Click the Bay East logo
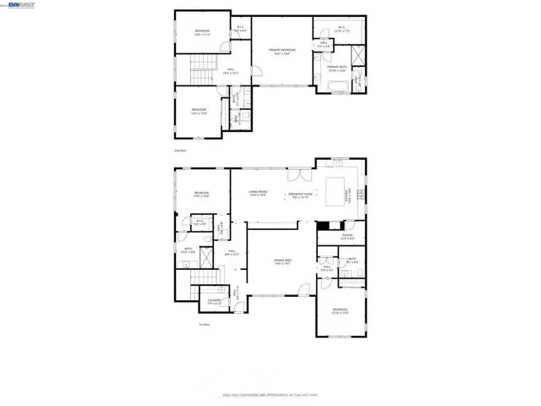pos(15,5)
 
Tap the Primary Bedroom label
pos(281,51)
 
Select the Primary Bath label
pos(337,68)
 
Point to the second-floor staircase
pos(202,67)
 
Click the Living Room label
pos(257,194)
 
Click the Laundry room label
pos(215,301)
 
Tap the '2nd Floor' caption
pos(179,150)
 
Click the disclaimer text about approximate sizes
pos(270,394)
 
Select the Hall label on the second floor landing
pos(230,71)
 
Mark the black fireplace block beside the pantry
pos(325,225)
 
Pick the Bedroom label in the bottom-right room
pos(340,311)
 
